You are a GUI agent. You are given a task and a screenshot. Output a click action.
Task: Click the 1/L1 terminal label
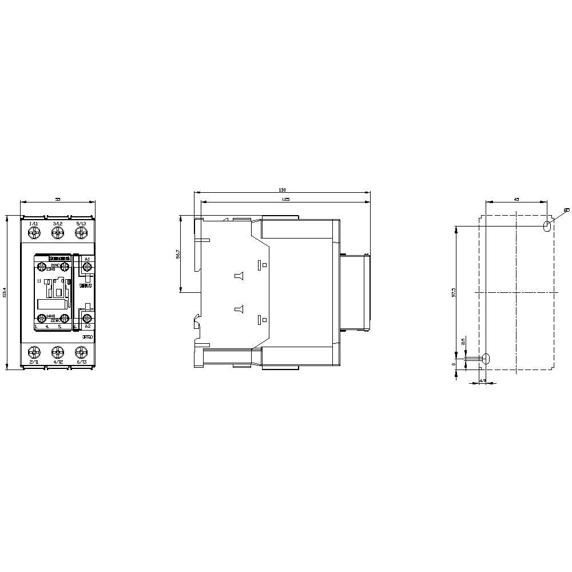point(33,223)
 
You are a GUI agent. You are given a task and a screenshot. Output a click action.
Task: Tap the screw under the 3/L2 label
point(57,233)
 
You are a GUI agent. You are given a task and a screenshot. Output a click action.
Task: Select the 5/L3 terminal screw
point(81,233)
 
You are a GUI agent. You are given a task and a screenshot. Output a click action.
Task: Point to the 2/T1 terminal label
point(33,362)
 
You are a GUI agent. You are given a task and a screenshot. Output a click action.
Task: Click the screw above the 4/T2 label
point(57,352)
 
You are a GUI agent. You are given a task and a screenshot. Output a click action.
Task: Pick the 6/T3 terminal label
point(81,362)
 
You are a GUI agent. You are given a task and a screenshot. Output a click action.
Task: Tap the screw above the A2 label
point(87,317)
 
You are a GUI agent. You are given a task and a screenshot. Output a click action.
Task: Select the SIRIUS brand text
point(85,284)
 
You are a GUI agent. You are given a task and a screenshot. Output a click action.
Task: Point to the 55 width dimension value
point(57,198)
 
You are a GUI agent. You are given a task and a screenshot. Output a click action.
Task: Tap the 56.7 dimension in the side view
point(178,255)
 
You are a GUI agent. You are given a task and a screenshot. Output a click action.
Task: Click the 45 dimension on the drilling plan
point(516,199)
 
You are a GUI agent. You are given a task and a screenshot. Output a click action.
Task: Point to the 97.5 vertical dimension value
point(454,292)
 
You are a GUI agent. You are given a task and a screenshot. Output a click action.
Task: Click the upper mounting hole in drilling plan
point(547,226)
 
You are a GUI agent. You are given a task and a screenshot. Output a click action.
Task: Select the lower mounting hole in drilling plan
point(486,359)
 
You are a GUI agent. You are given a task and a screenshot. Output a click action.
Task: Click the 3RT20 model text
point(87,337)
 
